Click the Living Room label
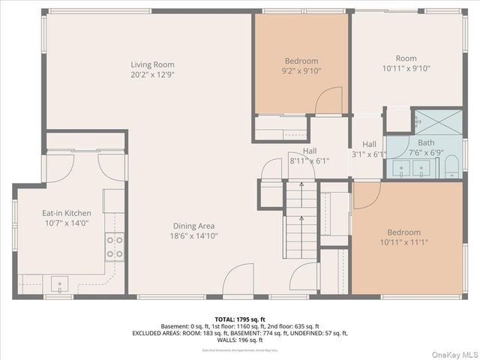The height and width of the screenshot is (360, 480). pos(152,64)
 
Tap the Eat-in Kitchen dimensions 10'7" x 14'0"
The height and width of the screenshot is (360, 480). pos(67,223)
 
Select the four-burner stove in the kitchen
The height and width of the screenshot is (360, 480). pos(115,247)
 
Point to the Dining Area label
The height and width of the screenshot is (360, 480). pos(194,226)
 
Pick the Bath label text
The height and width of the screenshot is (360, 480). pos(426,142)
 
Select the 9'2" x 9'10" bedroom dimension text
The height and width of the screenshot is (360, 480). pos(301,71)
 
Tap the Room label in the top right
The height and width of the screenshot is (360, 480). pos(406,58)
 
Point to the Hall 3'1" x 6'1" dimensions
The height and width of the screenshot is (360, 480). pos(369,154)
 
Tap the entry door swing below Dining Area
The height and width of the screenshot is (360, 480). pos(238,281)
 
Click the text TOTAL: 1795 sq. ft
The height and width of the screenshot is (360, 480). pos(240,319)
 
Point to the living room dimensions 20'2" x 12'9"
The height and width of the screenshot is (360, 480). pos(152,74)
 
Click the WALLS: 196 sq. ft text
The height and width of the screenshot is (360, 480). pos(240,340)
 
